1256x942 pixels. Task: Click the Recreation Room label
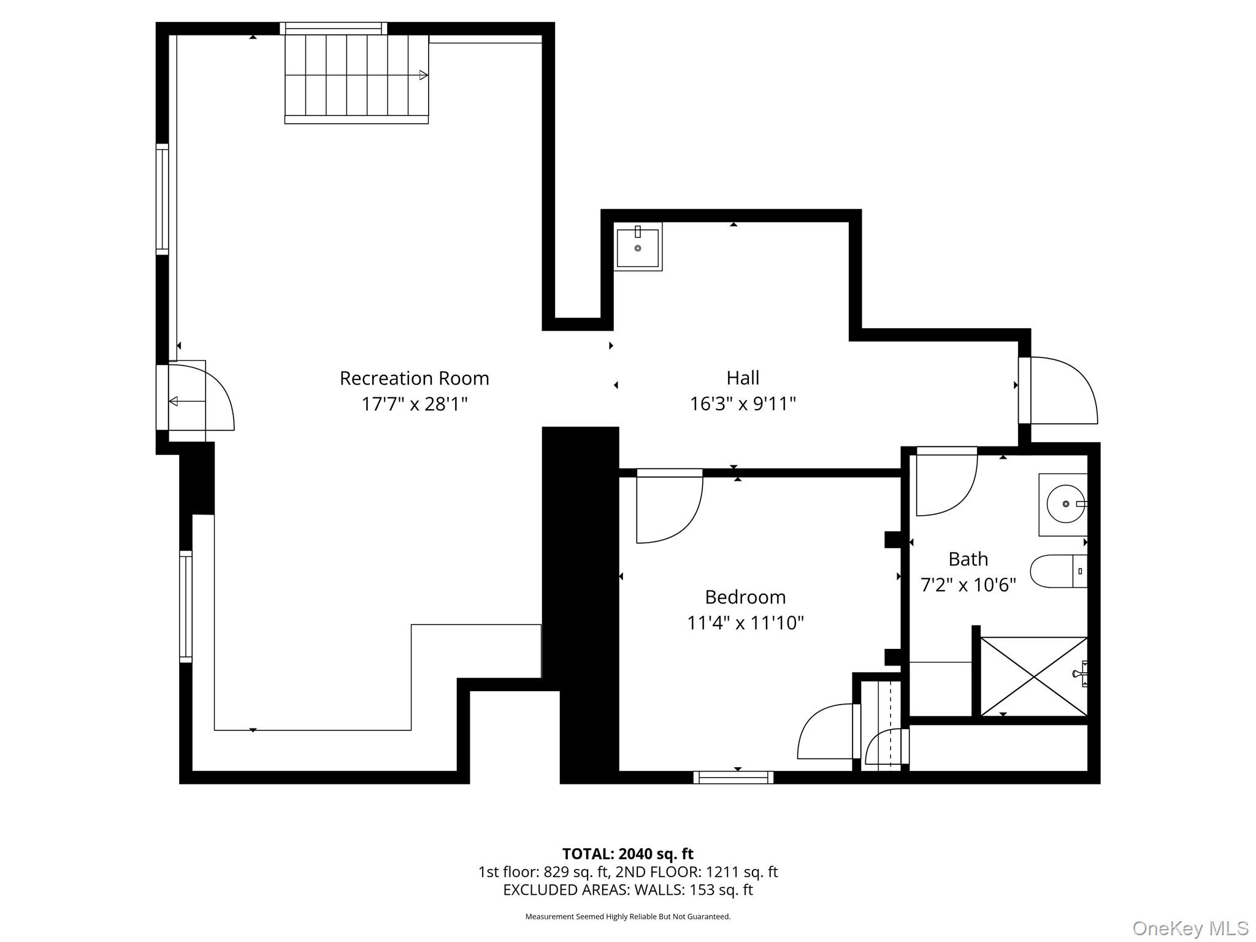415,378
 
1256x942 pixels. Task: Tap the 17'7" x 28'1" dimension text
415,404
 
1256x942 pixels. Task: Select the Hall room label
743,378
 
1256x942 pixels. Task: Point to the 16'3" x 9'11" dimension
743,404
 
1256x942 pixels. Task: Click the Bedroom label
745,597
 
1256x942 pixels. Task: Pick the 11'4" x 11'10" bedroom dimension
745,623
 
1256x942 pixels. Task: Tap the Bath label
968,559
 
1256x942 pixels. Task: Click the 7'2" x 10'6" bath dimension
968,585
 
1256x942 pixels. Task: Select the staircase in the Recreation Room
356,76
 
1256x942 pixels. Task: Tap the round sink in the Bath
1065,504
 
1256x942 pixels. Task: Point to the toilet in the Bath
1057,571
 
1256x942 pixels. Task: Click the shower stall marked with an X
1033,676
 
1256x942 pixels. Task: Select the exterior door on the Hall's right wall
1058,391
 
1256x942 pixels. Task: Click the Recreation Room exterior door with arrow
196,399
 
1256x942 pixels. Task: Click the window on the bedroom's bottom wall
733,777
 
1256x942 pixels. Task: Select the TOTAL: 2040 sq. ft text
627,854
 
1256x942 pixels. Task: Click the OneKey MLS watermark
1190,928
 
